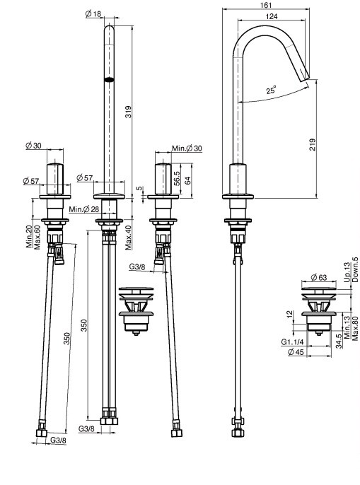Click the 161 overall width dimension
click(x=266, y=5)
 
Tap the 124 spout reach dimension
click(x=272, y=16)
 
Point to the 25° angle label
click(x=271, y=90)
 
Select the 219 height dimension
click(x=313, y=144)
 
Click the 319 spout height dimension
click(x=128, y=112)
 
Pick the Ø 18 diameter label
click(x=93, y=14)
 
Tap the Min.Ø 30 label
click(x=187, y=148)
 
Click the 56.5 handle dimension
click(x=177, y=178)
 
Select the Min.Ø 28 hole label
click(x=84, y=209)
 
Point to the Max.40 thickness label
click(x=129, y=238)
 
